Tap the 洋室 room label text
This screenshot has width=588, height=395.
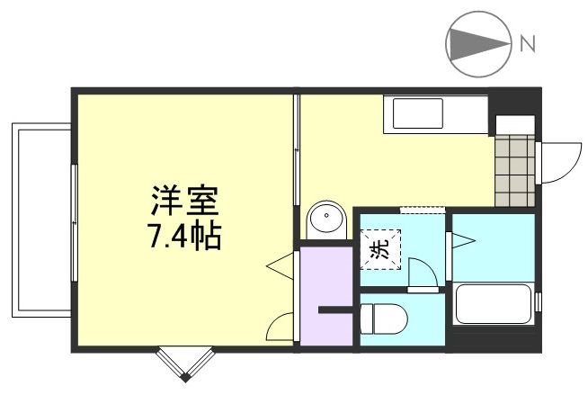(185, 197)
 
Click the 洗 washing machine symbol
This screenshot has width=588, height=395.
(380, 247)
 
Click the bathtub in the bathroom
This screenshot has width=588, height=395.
(494, 303)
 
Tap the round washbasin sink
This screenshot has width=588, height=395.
(326, 220)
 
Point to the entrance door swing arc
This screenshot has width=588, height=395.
(557, 161)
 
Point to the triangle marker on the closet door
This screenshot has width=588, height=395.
(280, 267)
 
